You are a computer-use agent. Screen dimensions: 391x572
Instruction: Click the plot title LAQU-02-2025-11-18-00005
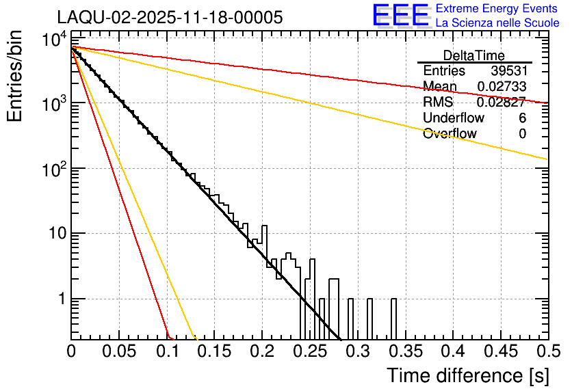pos(170,18)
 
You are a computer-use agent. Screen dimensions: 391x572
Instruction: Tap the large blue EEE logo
pos(400,16)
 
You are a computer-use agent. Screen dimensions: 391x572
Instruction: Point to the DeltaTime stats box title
pos(474,55)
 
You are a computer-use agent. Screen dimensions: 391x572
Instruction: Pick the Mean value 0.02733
pos(501,87)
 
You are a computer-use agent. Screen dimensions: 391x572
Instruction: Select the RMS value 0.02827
pos(501,103)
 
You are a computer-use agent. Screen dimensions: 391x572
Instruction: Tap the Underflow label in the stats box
pos(454,118)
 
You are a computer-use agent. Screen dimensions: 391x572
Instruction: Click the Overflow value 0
pos(522,134)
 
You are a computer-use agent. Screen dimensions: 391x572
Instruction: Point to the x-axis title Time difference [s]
pos(467,375)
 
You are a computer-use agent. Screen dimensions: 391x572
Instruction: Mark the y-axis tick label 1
pos(60,299)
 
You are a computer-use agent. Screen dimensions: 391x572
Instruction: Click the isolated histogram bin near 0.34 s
pos(393,319)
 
